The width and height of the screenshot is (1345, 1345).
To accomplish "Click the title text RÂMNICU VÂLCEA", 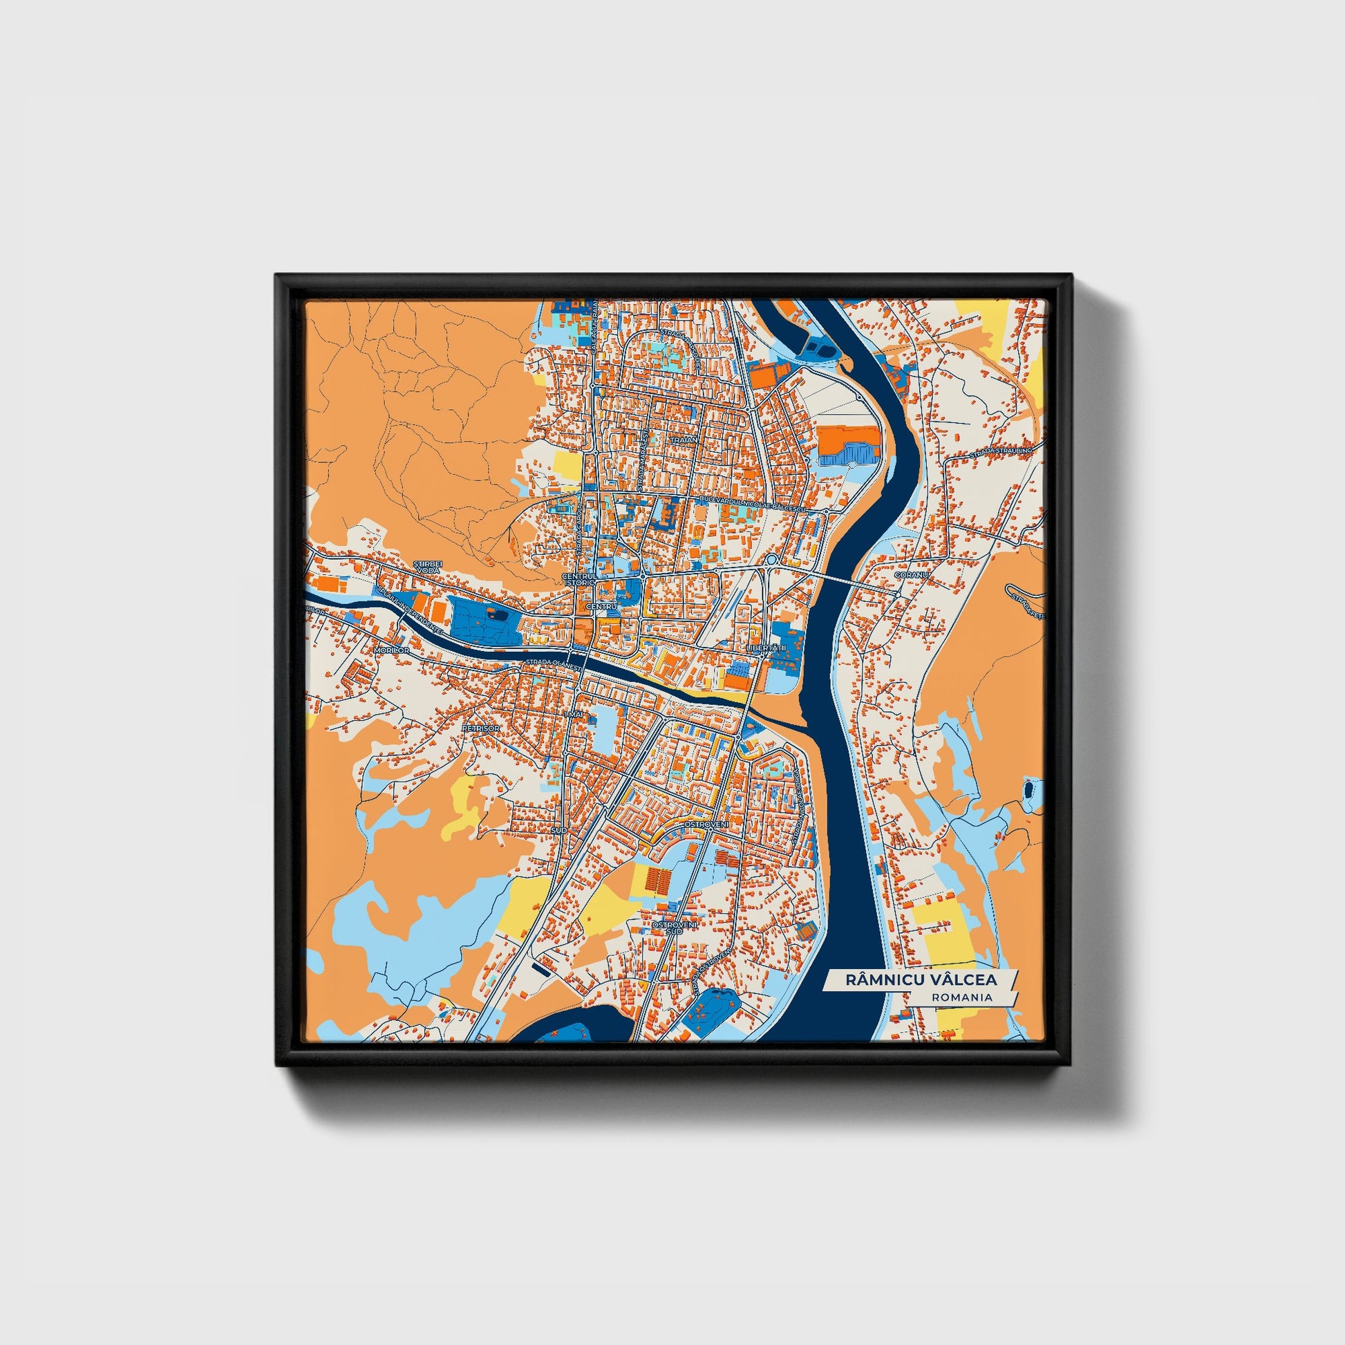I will point(921,979).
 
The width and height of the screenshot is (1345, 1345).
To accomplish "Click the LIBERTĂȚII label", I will point(765,648).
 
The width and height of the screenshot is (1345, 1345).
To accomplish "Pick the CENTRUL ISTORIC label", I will point(579,580).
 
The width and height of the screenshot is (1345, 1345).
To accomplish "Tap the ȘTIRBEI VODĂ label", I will point(426,566).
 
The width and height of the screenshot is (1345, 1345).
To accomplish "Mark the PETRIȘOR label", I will point(480,728).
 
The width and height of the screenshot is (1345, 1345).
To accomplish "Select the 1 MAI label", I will point(574,715).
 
